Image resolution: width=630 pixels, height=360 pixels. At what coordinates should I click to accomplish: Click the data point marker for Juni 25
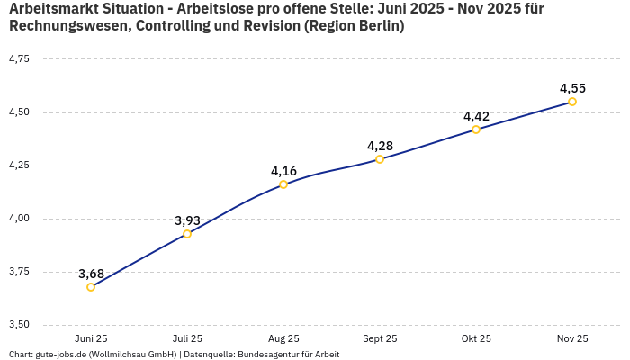coord(91,287)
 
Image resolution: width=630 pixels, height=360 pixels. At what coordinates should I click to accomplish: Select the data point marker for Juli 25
coord(187,234)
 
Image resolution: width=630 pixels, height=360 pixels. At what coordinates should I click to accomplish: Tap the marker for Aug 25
coord(283,184)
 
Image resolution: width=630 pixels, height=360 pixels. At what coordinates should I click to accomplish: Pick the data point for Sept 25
coord(380,159)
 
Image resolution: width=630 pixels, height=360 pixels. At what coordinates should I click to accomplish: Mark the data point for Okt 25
coord(476,130)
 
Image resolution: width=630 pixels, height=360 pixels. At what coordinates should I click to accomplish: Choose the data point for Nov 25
coord(572,102)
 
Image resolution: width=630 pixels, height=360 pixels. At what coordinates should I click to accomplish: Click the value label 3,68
coord(91,274)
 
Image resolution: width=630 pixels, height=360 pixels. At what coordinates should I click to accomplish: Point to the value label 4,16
coord(283,171)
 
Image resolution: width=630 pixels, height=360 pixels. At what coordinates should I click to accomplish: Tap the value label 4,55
coord(572,88)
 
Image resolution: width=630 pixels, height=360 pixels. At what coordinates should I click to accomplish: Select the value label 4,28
coord(380,146)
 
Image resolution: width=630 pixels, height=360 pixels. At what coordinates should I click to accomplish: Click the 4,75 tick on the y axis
coord(18,59)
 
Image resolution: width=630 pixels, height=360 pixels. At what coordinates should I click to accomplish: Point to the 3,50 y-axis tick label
coord(18,325)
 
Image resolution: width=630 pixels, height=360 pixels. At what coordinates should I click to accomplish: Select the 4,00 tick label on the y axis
coord(18,219)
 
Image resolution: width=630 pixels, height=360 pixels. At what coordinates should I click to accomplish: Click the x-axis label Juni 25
coord(91,339)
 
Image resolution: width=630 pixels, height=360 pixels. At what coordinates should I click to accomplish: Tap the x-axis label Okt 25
coord(476,339)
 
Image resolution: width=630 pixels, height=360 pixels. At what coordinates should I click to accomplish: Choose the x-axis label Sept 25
coord(380,339)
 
